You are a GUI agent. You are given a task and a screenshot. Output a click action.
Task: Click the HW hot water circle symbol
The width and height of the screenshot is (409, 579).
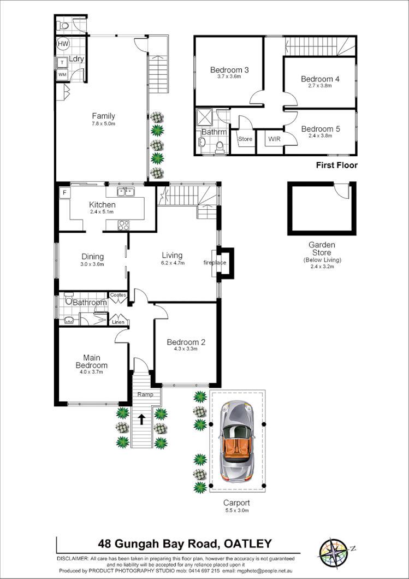coord(63,44)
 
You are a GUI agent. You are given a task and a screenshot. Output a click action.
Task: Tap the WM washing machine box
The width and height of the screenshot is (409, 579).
coord(63,74)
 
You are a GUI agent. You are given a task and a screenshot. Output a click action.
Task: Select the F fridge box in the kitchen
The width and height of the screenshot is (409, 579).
coord(64,193)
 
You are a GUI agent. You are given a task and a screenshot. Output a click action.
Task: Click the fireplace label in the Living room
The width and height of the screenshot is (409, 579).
coord(215,263)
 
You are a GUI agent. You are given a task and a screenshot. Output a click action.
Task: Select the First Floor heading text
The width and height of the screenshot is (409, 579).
coord(337,165)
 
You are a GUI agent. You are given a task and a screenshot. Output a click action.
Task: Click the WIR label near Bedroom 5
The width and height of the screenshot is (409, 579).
coord(274,139)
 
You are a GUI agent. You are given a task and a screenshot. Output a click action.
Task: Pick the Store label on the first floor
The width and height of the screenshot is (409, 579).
coord(245,139)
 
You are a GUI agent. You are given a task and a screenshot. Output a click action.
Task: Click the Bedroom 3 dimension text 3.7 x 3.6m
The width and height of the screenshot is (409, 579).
coord(229,77)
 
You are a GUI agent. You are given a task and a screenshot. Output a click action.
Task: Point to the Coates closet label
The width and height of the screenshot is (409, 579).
coord(118,295)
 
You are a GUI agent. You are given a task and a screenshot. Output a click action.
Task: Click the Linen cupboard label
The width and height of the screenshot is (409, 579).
coord(118,322)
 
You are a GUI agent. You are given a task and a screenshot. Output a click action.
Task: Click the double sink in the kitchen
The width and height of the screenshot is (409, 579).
coord(126,191)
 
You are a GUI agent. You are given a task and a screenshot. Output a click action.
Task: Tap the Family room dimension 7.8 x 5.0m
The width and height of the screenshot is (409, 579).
coord(103,123)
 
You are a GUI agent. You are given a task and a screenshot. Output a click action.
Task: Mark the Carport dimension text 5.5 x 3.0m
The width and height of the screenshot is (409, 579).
coord(236,510)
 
